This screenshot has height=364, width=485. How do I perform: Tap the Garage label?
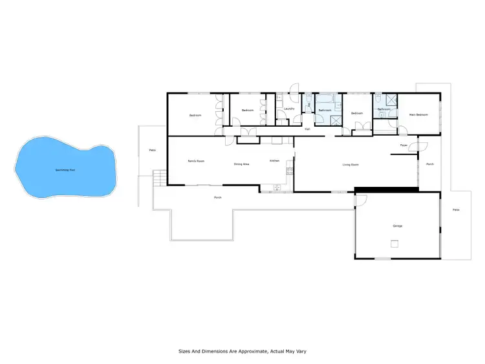[x=398, y=226]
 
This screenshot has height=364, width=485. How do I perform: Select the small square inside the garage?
[x=394, y=244]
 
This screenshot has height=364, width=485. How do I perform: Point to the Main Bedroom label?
[x=418, y=114]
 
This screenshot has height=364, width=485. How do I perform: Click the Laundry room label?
[x=289, y=109]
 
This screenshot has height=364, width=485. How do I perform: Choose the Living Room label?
[x=350, y=165]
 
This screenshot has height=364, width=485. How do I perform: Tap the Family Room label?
[x=196, y=161]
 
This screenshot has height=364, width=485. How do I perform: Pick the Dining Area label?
[x=242, y=164]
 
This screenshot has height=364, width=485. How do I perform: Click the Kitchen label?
[x=275, y=160]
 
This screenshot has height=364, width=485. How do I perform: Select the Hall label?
[x=307, y=129]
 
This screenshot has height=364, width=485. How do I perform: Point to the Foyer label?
[x=404, y=145]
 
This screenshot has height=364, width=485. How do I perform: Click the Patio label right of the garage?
[x=456, y=209]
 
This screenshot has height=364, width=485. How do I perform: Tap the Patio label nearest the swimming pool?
[x=153, y=150]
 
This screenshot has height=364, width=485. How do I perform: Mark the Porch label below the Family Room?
[x=218, y=197]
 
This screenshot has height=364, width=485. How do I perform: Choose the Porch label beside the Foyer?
[x=430, y=164]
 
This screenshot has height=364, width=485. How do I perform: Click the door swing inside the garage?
[x=360, y=201]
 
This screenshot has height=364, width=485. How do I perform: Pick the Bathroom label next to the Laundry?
[x=325, y=111]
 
